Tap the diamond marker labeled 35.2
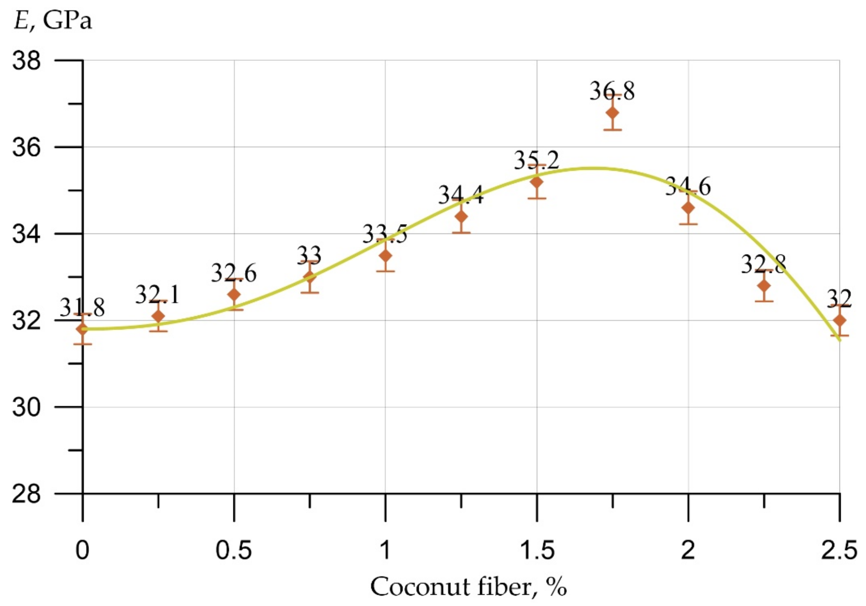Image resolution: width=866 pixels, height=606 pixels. (537, 182)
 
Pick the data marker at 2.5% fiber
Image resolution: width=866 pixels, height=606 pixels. (839, 320)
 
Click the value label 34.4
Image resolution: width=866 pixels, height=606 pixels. (461, 196)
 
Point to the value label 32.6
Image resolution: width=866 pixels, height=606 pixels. (233, 273)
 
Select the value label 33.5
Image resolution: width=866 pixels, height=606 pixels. (385, 234)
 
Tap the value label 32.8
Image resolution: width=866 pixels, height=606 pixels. (764, 264)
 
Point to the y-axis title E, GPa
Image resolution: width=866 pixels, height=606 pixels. (53, 21)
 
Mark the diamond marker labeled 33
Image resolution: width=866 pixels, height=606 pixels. (310, 277)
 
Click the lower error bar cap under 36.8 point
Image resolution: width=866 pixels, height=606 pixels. (612, 129)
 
